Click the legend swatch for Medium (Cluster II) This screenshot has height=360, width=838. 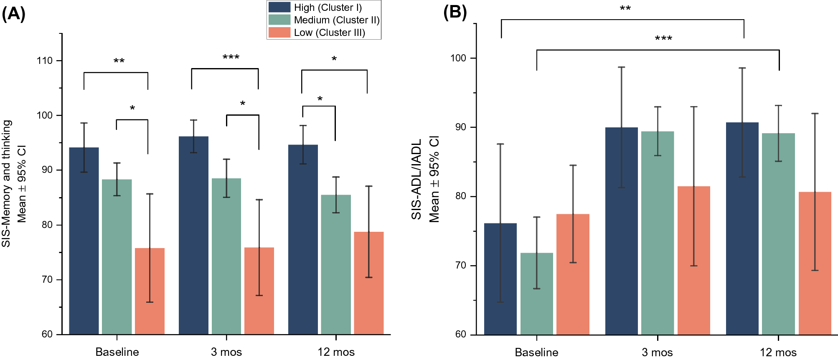tap(279, 20)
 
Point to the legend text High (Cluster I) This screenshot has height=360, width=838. tap(328, 8)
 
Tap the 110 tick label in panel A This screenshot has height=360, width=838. tap(45, 61)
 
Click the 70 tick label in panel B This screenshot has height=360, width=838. tap(460, 266)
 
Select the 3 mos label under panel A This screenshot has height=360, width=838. tap(226, 352)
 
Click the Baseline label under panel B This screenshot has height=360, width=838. tap(536, 352)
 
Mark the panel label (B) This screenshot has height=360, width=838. tap(455, 13)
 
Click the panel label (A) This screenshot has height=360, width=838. tap(13, 14)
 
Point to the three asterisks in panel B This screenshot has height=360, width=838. tap(663, 39)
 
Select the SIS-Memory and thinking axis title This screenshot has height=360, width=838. tap(6, 184)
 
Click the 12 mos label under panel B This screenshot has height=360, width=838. tap(778, 352)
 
